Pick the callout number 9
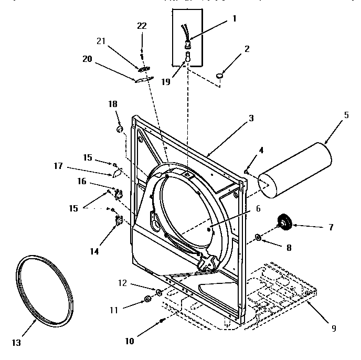tap(334, 329)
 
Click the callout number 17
tap(58, 166)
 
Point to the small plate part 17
tap(117, 172)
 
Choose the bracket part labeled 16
tap(118, 195)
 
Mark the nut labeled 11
tap(147, 300)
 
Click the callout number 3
tap(251, 119)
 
